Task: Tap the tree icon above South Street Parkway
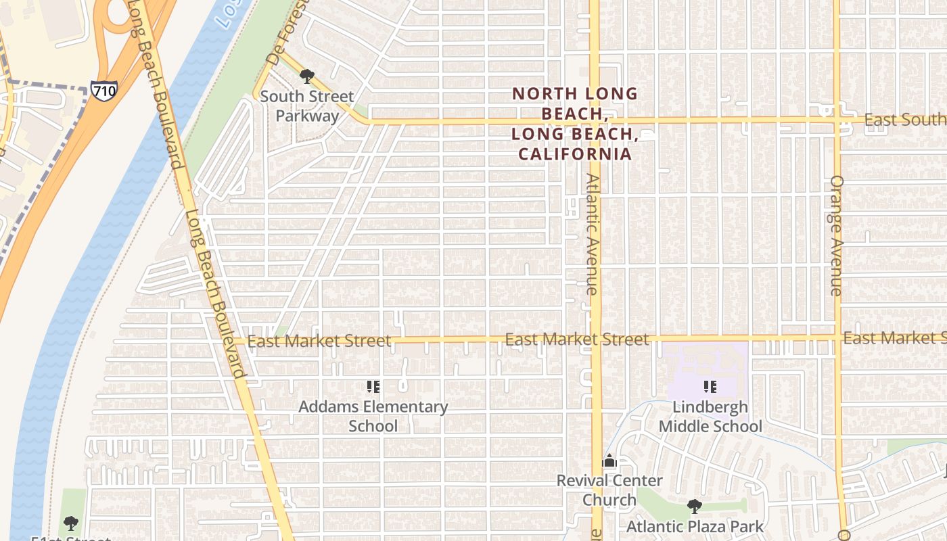pos(306,76)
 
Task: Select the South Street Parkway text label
pos(307,106)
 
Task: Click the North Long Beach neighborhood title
pos(575,124)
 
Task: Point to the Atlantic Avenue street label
pos(593,234)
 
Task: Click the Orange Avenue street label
pos(837,235)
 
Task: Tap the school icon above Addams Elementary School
pos(373,387)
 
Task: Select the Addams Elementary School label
pos(373,416)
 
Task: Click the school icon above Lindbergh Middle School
pos(710,387)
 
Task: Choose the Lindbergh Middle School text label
pos(710,417)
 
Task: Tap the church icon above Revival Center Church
pos(609,461)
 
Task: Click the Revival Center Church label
pos(609,490)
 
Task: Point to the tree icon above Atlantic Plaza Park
pos(694,506)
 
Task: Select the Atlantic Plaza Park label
pos(695,526)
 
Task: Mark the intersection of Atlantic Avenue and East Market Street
pos(595,338)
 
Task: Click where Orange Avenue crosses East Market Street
pos(837,337)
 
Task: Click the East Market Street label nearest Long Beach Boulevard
pos(319,341)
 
